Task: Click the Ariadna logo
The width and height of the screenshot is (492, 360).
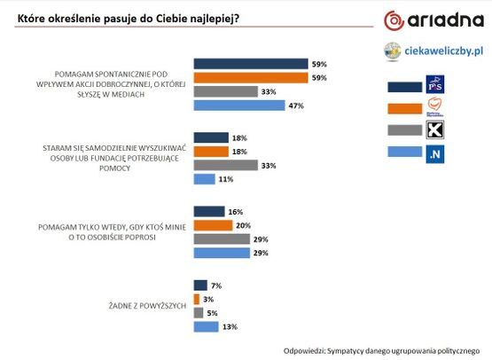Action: point(433,20)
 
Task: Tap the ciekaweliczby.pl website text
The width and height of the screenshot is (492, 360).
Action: point(443,51)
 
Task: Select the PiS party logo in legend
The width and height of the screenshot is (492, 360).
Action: point(435,84)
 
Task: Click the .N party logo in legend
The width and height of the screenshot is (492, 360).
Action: point(435,154)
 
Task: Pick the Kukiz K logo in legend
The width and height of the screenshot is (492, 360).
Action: point(435,129)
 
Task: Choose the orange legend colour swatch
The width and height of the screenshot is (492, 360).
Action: point(405,108)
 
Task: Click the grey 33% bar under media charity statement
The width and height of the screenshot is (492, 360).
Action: point(225,91)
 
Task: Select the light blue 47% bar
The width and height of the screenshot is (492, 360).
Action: point(239,106)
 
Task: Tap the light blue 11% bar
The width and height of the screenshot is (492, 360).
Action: point(204,179)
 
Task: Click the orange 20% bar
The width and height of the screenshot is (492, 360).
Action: point(213,225)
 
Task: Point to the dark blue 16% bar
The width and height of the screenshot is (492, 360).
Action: point(209,212)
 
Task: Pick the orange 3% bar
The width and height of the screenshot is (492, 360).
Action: point(197,299)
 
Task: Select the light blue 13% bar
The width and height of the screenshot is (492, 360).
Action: point(207,326)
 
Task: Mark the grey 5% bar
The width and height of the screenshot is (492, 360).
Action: point(199,313)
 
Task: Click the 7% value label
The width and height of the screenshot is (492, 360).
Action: point(216,286)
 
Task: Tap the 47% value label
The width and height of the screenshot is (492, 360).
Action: point(296,106)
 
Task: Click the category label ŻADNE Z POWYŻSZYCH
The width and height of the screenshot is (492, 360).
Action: point(147,306)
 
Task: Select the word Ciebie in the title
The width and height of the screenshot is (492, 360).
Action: point(172,19)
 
